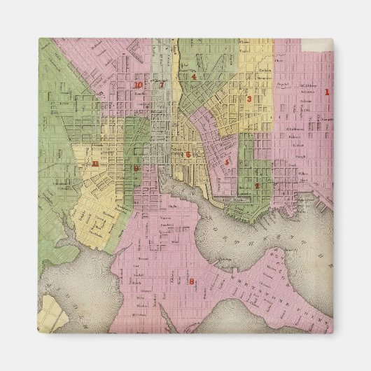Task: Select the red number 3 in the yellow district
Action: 249,99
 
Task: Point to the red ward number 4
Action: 193,76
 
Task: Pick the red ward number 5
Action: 227,162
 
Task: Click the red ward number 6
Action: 188,155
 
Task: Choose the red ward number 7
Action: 162,85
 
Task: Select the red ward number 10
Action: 139,85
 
